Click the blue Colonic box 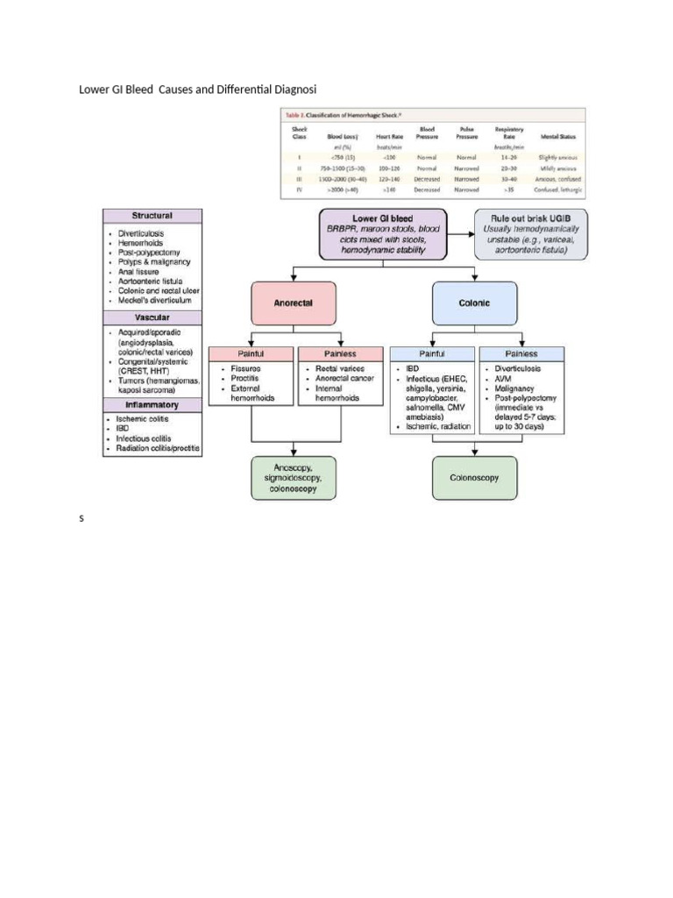[x=475, y=302]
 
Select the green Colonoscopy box [x=475, y=479]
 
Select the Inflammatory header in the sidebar [x=152, y=405]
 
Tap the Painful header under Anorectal [x=251, y=353]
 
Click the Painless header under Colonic [x=521, y=353]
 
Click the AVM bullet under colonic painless [x=505, y=379]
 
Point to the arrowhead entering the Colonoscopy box [x=475, y=453]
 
